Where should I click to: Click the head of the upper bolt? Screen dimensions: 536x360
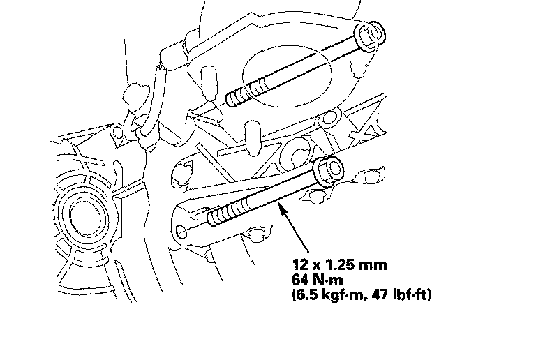point(369,36)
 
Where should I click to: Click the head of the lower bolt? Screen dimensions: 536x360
point(329,171)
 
